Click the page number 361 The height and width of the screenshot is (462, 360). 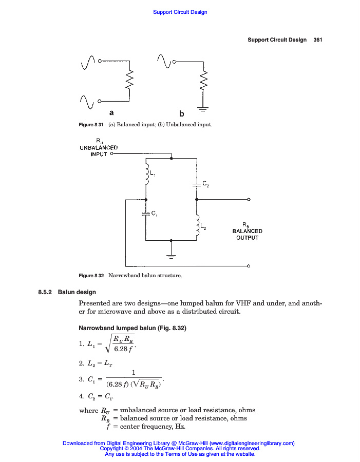pyautogui.click(x=317, y=40)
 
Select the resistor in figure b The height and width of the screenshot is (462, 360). pyautogui.click(x=204, y=79)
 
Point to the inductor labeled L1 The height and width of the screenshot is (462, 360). pyautogui.click(x=147, y=175)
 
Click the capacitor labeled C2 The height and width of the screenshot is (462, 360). pyautogui.click(x=197, y=183)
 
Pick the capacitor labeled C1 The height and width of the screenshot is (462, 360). pyautogui.click(x=146, y=215)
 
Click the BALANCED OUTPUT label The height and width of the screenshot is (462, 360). pyautogui.click(x=247, y=234)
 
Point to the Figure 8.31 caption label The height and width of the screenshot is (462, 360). pyautogui.click(x=91, y=125)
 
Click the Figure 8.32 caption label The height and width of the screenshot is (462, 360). pyautogui.click(x=91, y=276)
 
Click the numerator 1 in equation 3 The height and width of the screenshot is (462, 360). pyautogui.click(x=134, y=373)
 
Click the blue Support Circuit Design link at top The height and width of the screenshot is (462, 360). pyautogui.click(x=180, y=12)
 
